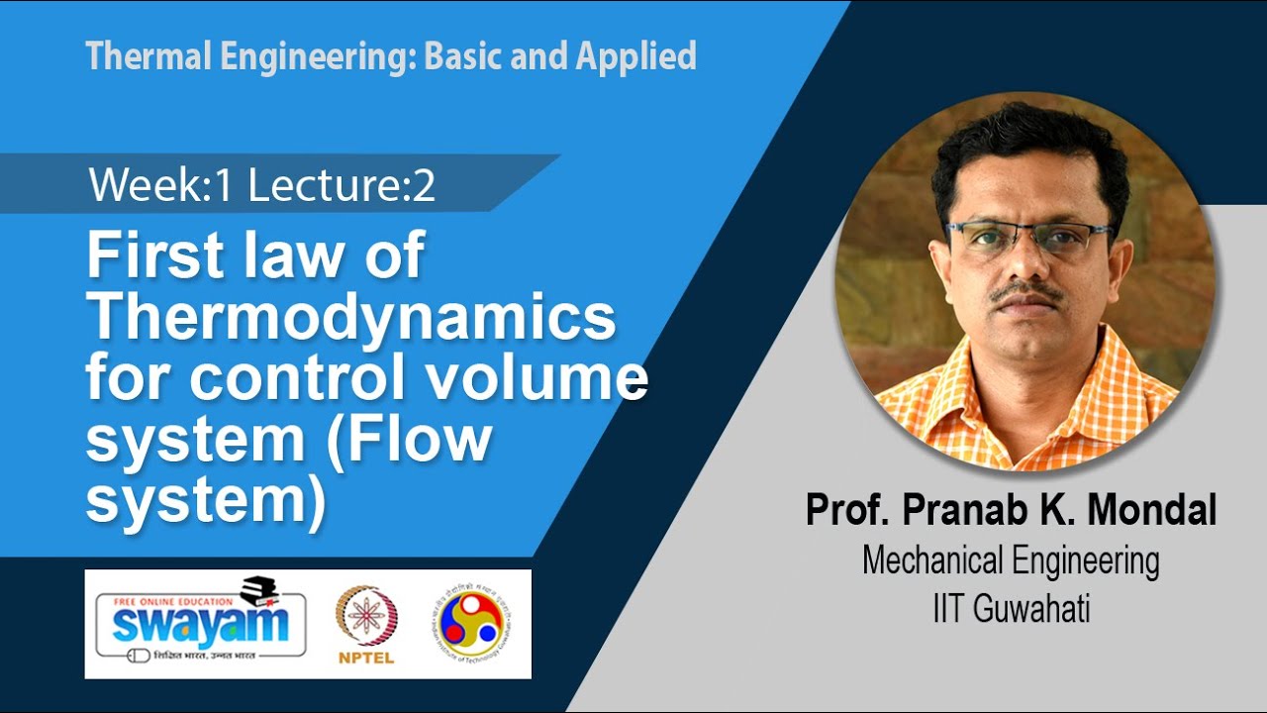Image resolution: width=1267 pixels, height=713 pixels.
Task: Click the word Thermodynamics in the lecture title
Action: [350, 319]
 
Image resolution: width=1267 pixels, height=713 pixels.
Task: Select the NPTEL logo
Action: [366, 623]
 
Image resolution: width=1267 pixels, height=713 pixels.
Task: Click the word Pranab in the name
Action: [967, 511]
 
